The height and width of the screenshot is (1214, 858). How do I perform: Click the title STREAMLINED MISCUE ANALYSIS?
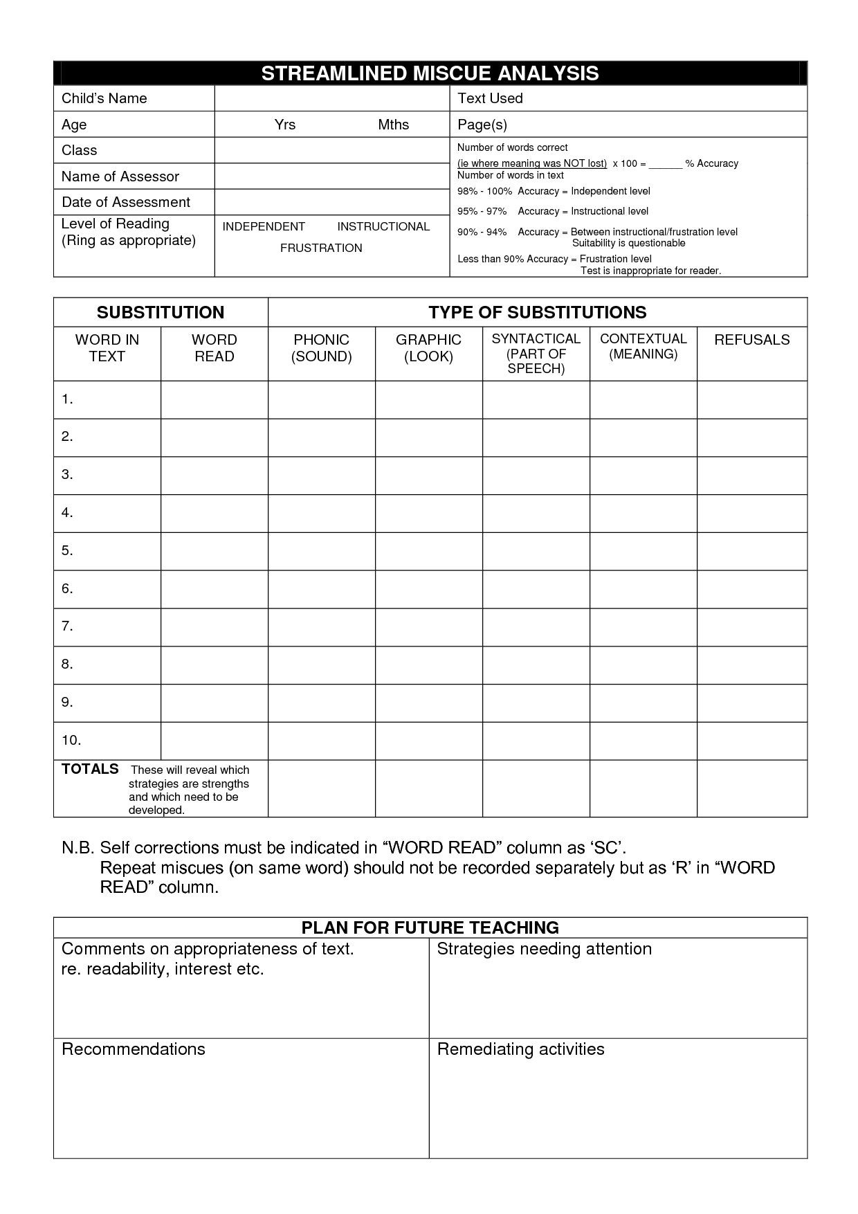(430, 73)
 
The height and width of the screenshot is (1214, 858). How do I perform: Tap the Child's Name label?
(104, 98)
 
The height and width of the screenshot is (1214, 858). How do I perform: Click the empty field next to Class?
(332, 150)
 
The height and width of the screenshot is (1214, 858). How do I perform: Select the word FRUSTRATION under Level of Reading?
(321, 248)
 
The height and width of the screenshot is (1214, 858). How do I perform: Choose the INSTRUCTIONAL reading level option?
(383, 226)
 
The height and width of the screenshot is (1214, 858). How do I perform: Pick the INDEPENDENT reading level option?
(264, 226)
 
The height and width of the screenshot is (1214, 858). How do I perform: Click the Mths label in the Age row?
(393, 125)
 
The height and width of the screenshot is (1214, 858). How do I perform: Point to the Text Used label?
(490, 98)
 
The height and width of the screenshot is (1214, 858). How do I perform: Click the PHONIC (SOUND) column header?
(322, 348)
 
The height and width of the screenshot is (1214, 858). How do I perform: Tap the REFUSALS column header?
(751, 340)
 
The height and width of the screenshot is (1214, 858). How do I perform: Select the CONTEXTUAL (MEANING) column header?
(643, 346)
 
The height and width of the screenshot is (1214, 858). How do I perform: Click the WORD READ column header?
(214, 348)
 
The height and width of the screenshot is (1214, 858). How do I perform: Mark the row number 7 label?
(67, 626)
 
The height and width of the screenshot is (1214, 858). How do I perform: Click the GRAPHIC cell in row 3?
(429, 475)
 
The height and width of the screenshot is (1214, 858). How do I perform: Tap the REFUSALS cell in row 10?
(751, 741)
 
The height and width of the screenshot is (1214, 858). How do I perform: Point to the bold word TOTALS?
(90, 770)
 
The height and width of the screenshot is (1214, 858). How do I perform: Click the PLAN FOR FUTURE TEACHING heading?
(430, 927)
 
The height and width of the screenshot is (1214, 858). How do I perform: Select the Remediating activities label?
(520, 1049)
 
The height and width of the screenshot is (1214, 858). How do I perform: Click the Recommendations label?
(134, 1049)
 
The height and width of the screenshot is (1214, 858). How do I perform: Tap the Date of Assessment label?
(126, 202)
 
